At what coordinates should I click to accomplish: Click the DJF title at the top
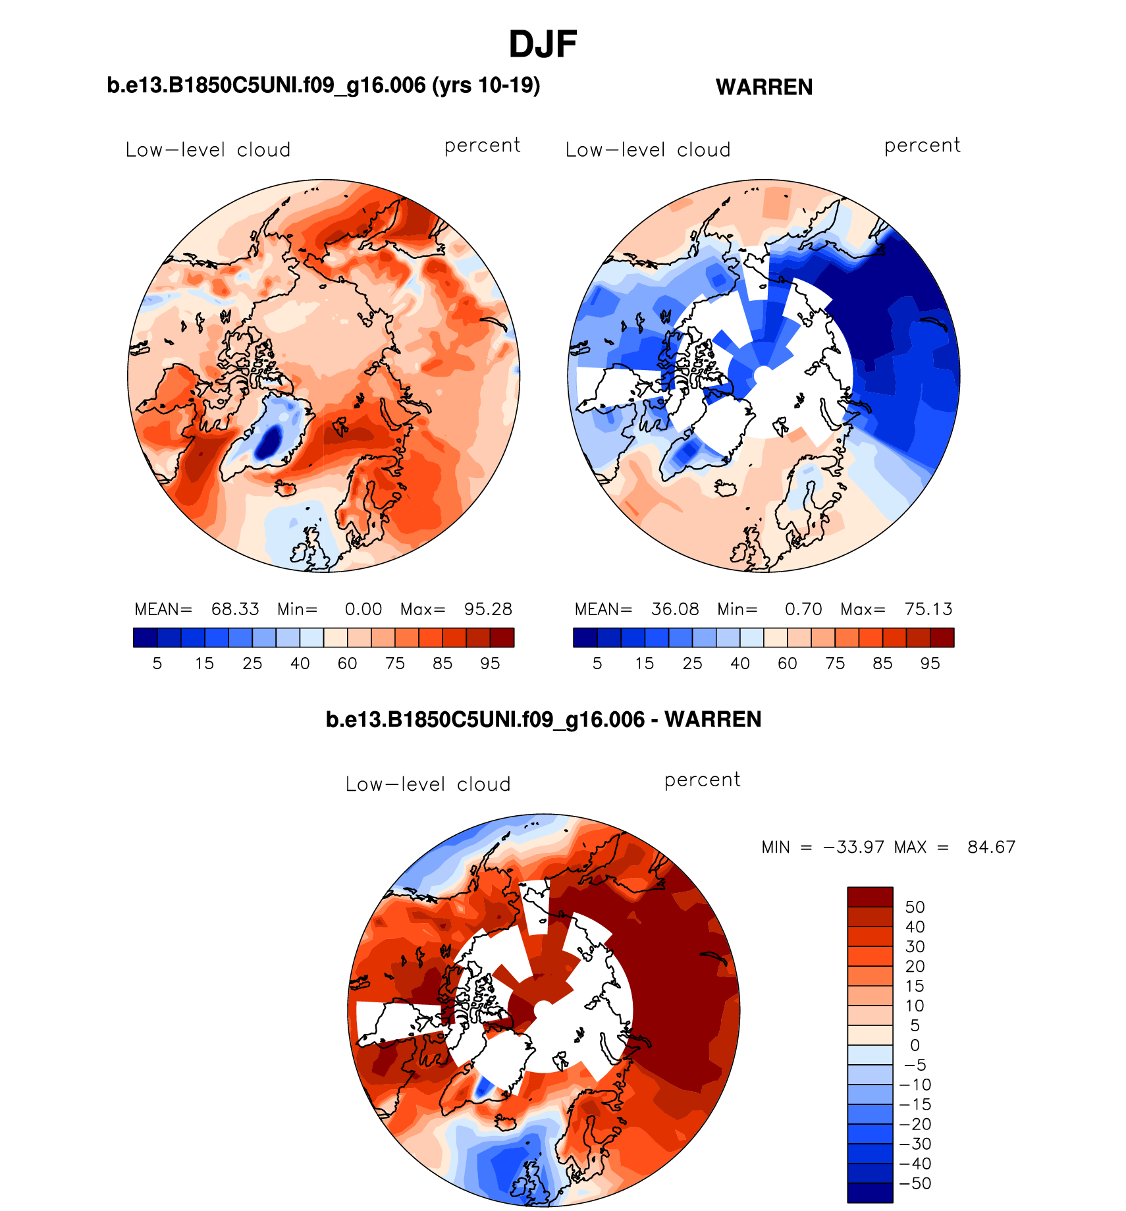point(543,45)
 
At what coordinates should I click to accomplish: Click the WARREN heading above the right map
point(764,87)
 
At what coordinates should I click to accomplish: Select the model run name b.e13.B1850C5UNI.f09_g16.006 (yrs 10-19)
point(323,86)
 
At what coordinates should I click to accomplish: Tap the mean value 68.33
point(235,609)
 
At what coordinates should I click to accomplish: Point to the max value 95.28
point(488,609)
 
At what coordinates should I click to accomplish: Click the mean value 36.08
point(675,609)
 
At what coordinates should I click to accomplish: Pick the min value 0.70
point(803,609)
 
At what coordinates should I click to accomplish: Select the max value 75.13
point(928,609)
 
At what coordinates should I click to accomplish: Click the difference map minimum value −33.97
point(853,847)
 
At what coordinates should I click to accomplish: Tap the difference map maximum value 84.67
point(991,847)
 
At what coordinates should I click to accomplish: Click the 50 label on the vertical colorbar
point(915,907)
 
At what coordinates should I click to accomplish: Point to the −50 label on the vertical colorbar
point(915,1183)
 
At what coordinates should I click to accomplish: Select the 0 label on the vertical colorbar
point(915,1045)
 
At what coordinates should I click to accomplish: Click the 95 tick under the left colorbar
point(490,663)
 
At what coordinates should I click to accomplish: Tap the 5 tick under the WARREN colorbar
point(597,663)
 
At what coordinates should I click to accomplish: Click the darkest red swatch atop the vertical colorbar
point(870,897)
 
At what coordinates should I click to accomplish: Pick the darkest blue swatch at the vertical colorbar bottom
point(870,1193)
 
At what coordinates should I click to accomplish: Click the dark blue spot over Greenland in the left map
point(269,441)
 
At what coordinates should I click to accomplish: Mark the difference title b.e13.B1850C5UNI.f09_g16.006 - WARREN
point(543,719)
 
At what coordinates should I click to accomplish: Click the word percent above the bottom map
point(702,780)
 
